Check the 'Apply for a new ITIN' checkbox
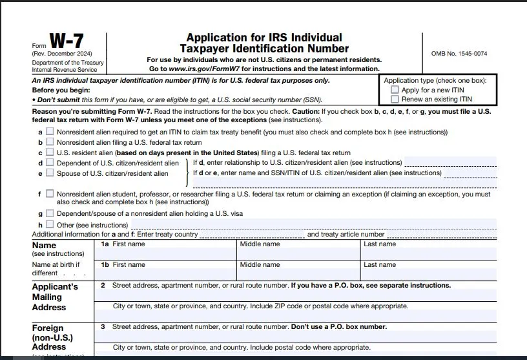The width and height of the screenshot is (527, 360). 395,90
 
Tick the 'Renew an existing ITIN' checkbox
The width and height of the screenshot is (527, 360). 395,100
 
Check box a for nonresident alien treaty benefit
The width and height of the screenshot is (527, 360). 50,132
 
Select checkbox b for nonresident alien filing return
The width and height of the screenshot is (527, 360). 50,142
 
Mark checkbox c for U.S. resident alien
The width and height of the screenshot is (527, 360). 50,153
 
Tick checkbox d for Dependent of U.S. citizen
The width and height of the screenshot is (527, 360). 50,163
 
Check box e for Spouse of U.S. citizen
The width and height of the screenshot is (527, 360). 50,173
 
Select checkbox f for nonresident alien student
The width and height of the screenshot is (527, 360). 50,193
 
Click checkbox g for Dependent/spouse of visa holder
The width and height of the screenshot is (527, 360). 50,213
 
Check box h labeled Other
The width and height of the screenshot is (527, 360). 50,224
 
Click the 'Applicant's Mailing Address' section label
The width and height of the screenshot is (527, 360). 55,297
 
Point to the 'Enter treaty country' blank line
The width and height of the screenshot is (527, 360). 251,235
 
